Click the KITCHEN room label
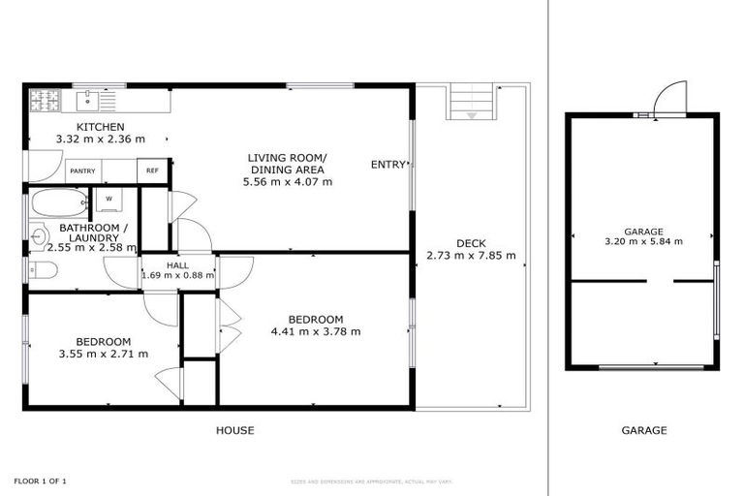pos(101,127)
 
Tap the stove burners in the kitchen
pos(45,99)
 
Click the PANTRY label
pos(82,170)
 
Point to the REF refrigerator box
pos(152,170)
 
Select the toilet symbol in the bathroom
pos(40,269)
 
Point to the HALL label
pos(177,263)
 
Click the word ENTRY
pos(387,165)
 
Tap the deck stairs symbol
pos(472,101)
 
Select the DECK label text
pos(471,243)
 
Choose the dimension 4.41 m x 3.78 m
pos(316,331)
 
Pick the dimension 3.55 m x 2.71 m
pos(104,354)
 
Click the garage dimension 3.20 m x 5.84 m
pos(643,242)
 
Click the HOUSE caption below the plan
pos(234,430)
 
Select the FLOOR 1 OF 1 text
pos(40,480)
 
